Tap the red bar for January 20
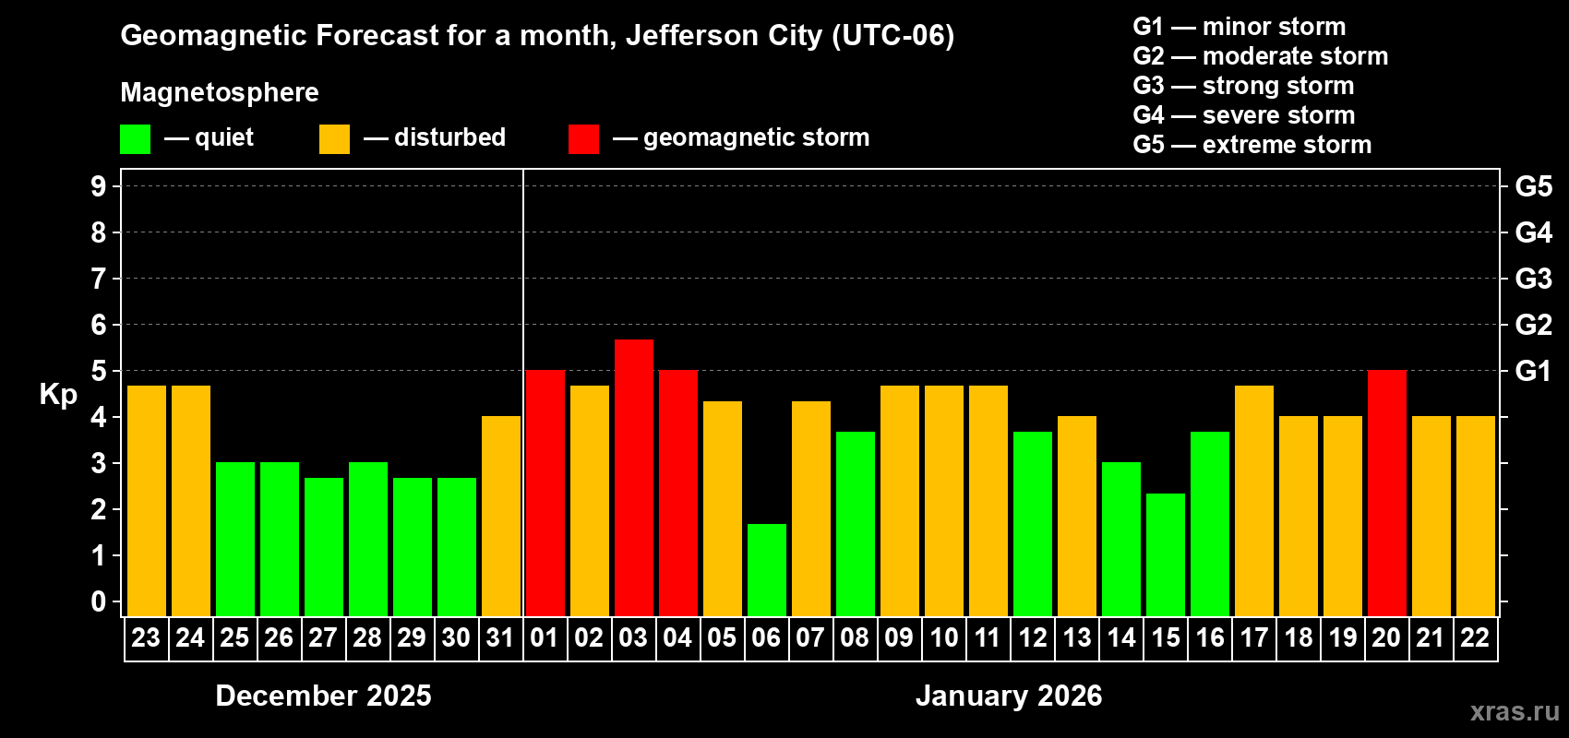pos(1386,493)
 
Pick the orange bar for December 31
pos(500,516)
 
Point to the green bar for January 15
pos(1165,554)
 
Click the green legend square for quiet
pos(135,139)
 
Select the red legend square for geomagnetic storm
pos(583,139)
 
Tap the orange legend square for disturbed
pos(334,139)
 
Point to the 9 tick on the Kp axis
pos(99,186)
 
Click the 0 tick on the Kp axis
pos(99,602)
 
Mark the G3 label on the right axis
pos(1533,279)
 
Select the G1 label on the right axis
pos(1533,371)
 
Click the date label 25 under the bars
pos(234,637)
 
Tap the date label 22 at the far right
pos(1475,637)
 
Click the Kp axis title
pos(58,395)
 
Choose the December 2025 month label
pos(323,696)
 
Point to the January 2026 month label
pos(1009,696)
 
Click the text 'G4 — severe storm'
pos(1244,115)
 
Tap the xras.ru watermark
pos(1514,711)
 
